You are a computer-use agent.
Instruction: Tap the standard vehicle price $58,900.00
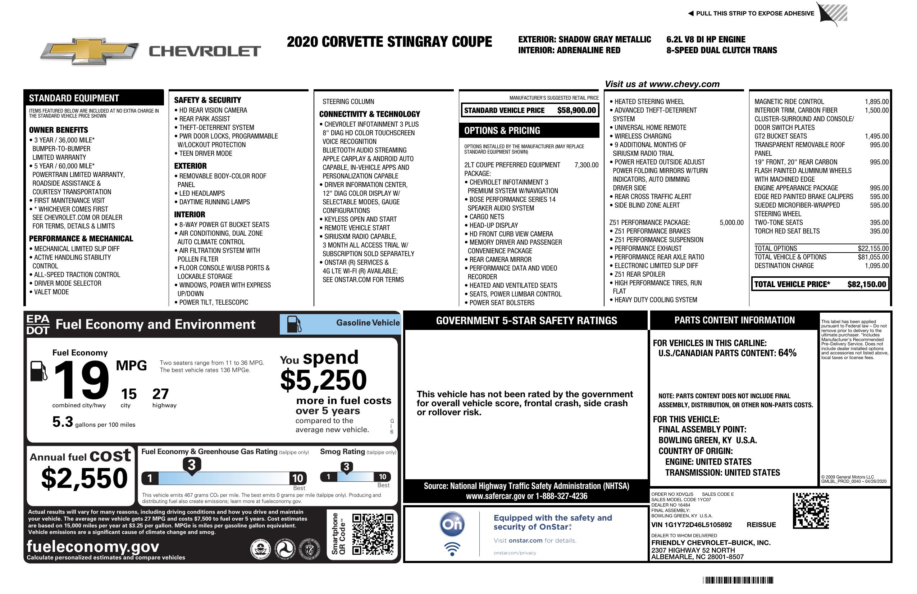[x=576, y=110]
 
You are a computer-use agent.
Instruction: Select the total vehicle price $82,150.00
[x=867, y=285]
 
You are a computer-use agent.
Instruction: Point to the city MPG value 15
[x=129, y=394]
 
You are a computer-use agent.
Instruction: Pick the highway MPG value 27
[x=160, y=394]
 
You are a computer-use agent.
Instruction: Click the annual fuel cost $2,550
[x=84, y=479]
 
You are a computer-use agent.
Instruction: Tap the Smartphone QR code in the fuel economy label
[x=373, y=534]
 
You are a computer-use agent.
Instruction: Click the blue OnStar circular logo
[x=452, y=524]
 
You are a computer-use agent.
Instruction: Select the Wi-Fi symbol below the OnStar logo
[x=452, y=549]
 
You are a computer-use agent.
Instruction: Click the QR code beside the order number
[x=811, y=511]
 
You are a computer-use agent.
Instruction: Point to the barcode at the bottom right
[x=738, y=580]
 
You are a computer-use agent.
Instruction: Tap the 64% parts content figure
[x=787, y=353]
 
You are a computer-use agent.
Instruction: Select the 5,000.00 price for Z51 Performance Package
[x=731, y=222]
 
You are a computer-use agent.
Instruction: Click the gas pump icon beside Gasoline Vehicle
[x=293, y=324]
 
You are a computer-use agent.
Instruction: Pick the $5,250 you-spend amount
[x=324, y=380]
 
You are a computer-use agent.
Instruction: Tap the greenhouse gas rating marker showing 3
[x=191, y=465]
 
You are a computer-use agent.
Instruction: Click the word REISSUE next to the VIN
[x=761, y=525]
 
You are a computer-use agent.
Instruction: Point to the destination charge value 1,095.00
[x=877, y=266]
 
